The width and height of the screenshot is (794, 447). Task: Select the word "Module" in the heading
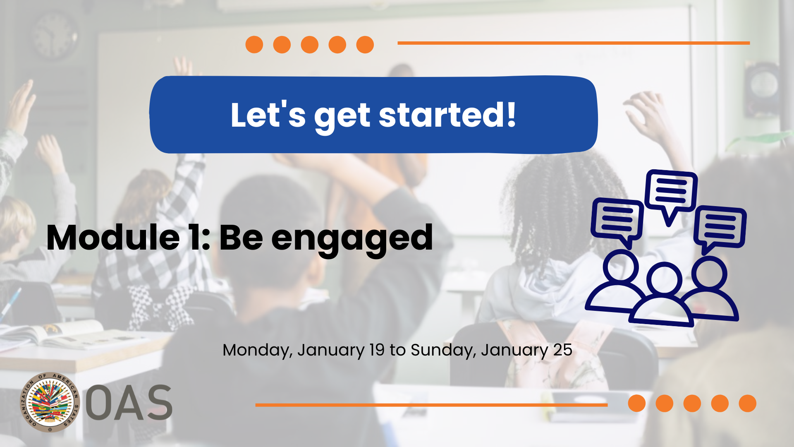coord(113,238)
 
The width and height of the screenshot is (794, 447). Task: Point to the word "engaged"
coord(352,240)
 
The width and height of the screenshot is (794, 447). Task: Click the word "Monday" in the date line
coord(258,351)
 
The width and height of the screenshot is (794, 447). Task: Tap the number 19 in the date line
coord(377,350)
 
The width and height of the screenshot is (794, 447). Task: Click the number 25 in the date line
coord(563,350)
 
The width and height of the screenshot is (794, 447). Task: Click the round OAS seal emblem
coord(50,402)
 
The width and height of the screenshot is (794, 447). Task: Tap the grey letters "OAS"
coord(129,402)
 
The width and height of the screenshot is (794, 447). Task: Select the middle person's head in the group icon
coord(665,279)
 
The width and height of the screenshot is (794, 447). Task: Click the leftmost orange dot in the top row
coord(254,45)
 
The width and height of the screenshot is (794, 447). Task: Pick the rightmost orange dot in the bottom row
coord(748,404)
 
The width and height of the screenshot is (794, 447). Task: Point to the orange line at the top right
coord(574,43)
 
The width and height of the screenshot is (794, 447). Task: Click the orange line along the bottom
coord(431,405)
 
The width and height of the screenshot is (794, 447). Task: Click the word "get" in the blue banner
coord(342,117)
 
